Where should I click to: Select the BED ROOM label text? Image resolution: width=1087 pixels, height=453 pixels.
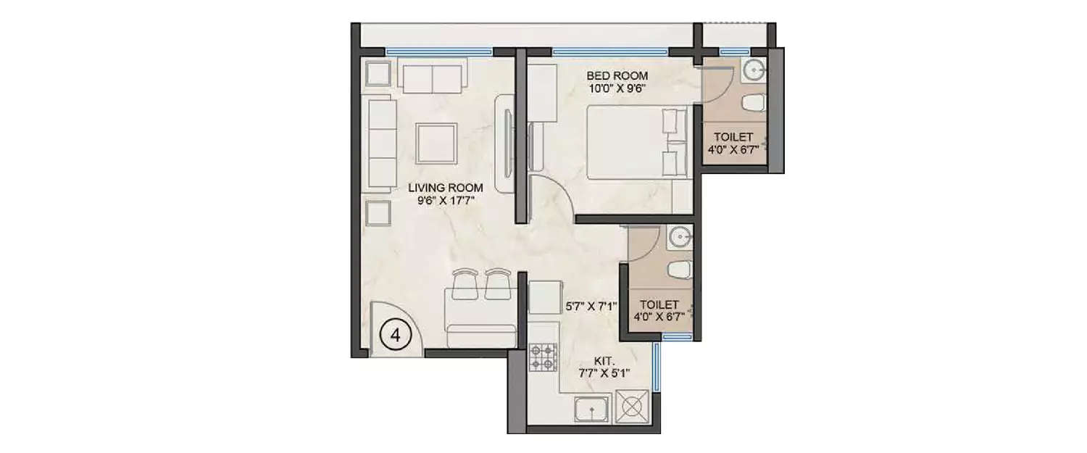tap(617, 75)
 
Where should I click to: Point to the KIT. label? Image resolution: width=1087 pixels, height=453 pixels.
tap(604, 360)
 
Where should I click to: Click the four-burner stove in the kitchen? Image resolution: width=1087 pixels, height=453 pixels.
tap(542, 357)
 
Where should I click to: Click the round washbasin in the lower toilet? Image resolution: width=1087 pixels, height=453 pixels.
tap(679, 236)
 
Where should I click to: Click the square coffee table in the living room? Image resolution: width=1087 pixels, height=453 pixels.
tap(436, 143)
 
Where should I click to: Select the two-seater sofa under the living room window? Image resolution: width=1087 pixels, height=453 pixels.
tap(432, 78)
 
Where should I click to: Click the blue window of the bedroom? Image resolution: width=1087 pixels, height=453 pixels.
tap(610, 51)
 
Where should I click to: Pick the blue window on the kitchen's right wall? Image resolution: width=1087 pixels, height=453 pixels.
tap(657, 367)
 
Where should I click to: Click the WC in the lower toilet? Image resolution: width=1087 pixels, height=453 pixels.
tap(678, 272)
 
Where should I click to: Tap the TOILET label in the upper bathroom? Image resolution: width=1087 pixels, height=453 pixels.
tap(733, 137)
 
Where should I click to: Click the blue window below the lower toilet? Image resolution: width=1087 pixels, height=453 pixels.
tap(677, 336)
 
